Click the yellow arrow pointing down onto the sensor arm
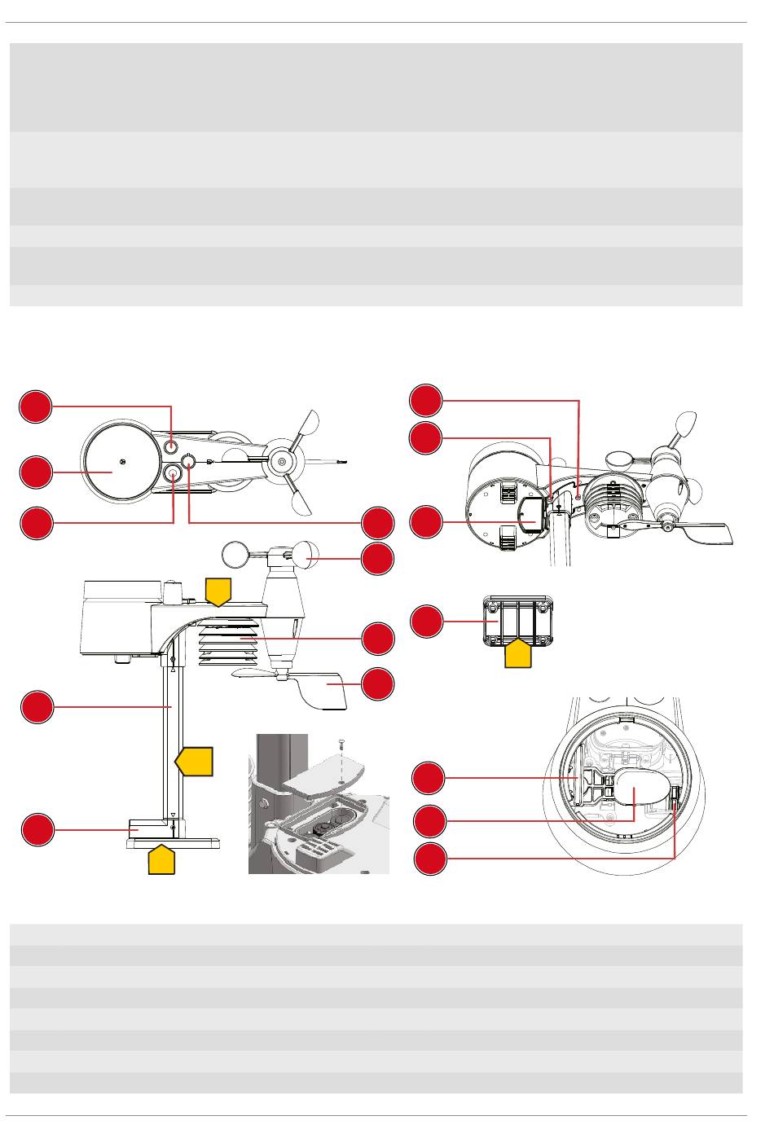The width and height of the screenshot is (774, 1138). point(218,591)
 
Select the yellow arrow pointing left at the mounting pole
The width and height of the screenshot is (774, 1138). point(196,761)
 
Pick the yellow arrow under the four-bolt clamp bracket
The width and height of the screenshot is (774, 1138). point(519,653)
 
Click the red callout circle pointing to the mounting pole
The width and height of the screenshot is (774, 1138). point(37,707)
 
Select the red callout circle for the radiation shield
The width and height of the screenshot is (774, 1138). point(377,639)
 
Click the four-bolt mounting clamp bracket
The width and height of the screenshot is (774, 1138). point(518,621)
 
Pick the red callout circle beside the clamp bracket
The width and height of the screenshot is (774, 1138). point(426,622)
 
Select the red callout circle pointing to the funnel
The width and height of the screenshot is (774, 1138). point(37,472)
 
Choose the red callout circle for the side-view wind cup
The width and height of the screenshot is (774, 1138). point(377,559)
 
